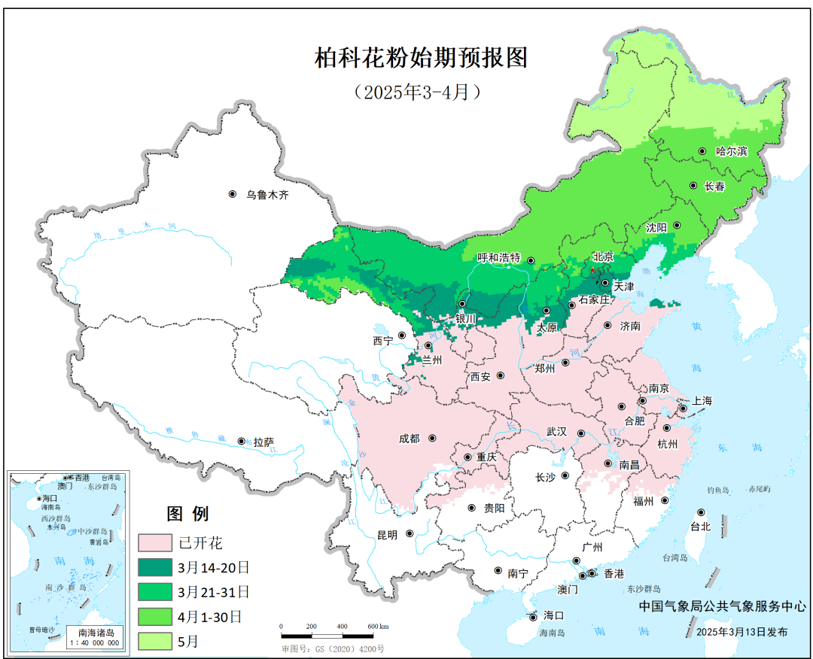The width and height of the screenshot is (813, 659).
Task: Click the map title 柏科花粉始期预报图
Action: [421, 58]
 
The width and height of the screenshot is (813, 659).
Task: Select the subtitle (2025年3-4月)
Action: [416, 92]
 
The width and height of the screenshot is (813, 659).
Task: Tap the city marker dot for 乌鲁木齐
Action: [233, 194]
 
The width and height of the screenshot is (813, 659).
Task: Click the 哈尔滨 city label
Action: [731, 151]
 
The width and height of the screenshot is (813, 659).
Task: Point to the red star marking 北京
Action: [592, 269]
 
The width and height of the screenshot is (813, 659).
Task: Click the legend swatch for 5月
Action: [155, 641]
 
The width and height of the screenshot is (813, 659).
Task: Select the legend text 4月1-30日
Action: [210, 617]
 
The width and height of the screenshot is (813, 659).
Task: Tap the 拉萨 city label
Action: [263, 442]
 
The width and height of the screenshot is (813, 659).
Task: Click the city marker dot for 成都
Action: [434, 438]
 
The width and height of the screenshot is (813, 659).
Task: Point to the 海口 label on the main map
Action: [553, 615]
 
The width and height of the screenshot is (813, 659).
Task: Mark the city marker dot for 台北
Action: [701, 512]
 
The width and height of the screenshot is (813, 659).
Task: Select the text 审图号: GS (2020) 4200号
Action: [333, 648]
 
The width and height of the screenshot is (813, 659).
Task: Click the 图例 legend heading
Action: [187, 515]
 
